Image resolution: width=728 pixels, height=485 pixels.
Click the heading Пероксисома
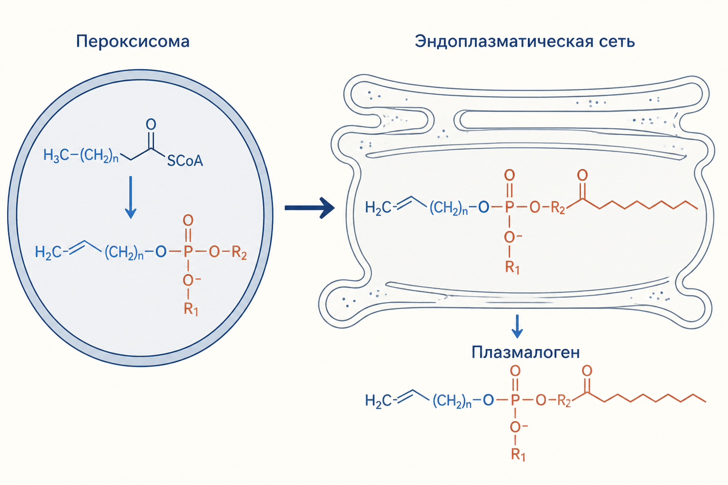click(x=133, y=42)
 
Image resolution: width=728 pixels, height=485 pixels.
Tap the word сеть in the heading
click(x=615, y=42)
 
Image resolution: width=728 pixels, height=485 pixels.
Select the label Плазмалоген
click(x=526, y=352)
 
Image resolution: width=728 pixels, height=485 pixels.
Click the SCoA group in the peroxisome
click(x=185, y=161)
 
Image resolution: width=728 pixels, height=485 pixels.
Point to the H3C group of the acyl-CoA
click(x=56, y=155)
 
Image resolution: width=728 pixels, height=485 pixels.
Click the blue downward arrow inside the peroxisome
click(x=131, y=197)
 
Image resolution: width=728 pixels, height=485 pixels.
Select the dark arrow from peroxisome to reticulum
click(x=309, y=208)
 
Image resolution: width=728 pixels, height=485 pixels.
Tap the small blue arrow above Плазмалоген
click(x=517, y=326)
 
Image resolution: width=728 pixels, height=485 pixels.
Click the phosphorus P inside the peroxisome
click(x=188, y=251)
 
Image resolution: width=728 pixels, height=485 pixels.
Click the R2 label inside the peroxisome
click(x=239, y=253)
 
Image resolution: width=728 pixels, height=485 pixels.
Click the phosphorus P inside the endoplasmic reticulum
click(x=510, y=207)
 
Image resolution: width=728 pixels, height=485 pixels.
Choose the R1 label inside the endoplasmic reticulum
click(x=512, y=268)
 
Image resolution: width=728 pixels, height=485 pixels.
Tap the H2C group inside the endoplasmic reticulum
click(x=378, y=207)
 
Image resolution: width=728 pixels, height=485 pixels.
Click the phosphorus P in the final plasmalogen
click(x=515, y=400)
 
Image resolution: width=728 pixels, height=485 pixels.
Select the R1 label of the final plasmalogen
click(x=518, y=455)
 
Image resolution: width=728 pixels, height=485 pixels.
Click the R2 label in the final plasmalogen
click(x=564, y=401)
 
